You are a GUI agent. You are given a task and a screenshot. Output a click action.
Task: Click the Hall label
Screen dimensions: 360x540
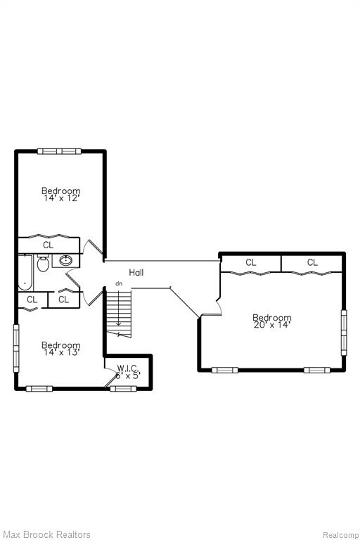pos(136,272)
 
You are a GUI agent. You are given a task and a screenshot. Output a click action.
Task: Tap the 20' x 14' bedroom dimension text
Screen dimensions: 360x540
pos(272,325)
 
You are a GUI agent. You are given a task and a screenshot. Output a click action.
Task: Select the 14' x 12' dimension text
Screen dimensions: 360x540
pos(61,198)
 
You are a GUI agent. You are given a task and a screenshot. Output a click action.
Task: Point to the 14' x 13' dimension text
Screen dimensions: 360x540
pos(61,352)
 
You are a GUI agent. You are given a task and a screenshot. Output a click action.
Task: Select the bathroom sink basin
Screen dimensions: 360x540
pos(66,260)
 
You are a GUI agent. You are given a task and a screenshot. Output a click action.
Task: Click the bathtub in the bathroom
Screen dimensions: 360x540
pos(25,272)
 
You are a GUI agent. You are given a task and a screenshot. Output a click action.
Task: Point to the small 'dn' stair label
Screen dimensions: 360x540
pos(119,284)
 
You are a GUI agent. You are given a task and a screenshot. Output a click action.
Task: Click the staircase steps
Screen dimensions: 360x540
pos(119,314)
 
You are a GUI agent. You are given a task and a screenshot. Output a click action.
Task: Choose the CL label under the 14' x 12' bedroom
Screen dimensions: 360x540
pos(49,245)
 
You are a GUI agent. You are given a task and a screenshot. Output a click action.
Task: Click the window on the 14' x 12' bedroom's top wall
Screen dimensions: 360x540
pos(59,151)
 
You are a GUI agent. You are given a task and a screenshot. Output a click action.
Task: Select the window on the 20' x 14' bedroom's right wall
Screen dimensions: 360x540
pos(344,333)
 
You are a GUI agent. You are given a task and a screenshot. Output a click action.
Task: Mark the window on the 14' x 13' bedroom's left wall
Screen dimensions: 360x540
pos(16,348)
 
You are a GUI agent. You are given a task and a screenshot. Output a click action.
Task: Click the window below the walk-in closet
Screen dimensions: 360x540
pos(123,388)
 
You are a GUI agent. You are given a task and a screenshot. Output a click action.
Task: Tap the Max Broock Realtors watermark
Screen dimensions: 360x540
pos(47,534)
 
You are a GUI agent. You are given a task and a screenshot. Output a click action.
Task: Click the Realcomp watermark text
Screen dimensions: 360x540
pos(340,535)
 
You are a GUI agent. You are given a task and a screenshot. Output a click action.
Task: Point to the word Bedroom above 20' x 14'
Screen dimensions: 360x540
pos(272,318)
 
